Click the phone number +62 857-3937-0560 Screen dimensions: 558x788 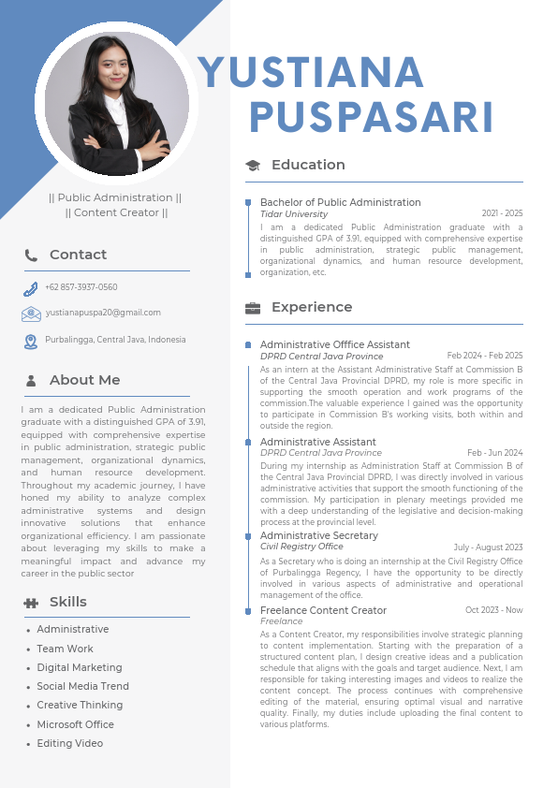(81, 287)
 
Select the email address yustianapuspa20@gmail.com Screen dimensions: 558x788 (103, 313)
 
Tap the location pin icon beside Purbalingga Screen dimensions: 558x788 (31, 342)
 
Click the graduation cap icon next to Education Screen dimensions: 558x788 (253, 166)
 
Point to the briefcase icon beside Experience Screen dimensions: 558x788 (253, 308)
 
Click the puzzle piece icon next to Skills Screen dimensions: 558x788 (31, 603)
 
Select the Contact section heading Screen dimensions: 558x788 (78, 255)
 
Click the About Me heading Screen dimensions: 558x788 (84, 380)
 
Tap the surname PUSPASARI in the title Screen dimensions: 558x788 (372, 118)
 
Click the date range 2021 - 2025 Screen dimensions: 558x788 (502, 214)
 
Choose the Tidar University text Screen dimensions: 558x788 (294, 214)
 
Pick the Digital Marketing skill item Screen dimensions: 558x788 (80, 667)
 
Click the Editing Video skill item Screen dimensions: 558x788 (70, 743)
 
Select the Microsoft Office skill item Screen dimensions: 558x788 (76, 724)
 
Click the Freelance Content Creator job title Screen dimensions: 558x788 (323, 610)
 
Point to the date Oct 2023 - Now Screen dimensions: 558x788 (493, 610)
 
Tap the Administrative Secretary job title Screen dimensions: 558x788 (319, 535)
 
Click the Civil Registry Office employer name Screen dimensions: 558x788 (301, 547)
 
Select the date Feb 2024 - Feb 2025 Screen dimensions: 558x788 (485, 356)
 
